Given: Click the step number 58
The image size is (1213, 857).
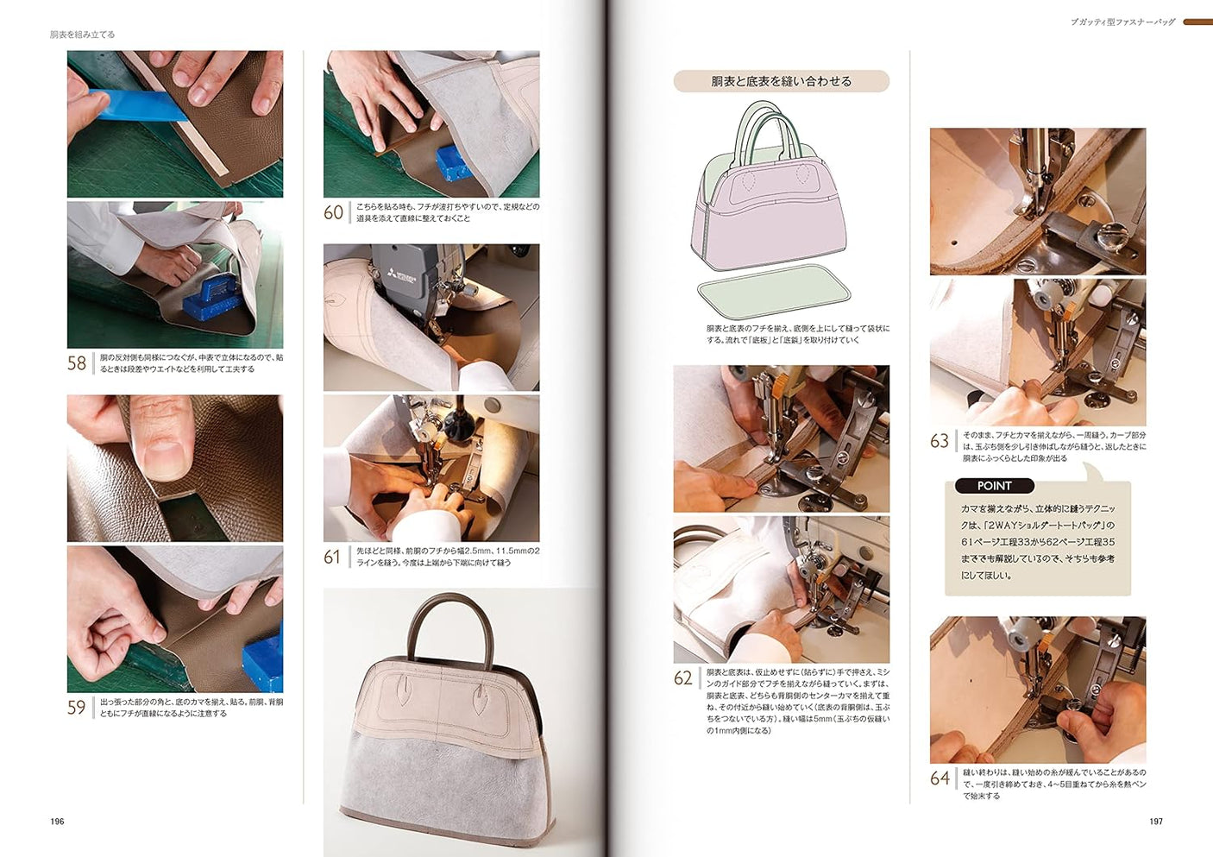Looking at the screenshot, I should tap(77, 363).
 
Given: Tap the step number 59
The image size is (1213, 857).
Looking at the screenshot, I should tap(77, 708).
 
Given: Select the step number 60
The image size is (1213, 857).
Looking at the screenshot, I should tap(334, 212).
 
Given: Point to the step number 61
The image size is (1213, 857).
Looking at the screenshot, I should tap(333, 558).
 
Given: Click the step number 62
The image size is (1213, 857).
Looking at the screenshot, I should tap(683, 678).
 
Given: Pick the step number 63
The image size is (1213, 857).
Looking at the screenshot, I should tap(940, 441).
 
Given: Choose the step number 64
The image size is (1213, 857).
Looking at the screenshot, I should tap(940, 778).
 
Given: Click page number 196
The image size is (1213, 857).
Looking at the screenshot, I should tap(57, 822).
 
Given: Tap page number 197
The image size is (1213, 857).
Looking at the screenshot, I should tap(1156, 822).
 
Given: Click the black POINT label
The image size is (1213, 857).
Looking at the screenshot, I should tap(994, 486).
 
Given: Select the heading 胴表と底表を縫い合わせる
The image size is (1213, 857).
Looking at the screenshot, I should tap(781, 81).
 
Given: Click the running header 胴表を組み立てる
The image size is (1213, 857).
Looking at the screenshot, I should tap(82, 35).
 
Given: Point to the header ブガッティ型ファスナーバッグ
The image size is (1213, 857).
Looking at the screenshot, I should tap(1122, 22).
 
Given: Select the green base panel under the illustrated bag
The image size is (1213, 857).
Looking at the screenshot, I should tap(773, 289).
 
